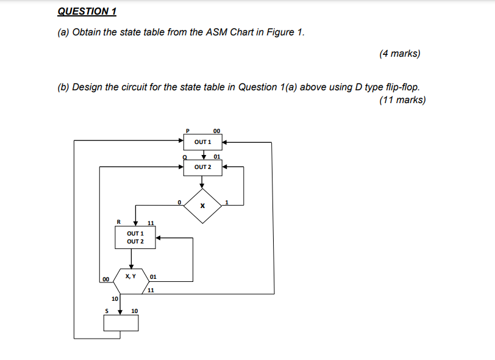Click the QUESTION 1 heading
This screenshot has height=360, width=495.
click(x=87, y=12)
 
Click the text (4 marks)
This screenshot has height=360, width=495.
click(x=399, y=54)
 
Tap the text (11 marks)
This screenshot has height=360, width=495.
click(x=402, y=100)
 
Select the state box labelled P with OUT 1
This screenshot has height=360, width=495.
click(x=202, y=142)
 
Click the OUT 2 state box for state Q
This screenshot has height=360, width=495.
click(x=202, y=167)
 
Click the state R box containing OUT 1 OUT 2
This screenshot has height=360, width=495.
click(x=135, y=237)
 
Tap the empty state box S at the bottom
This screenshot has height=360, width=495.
click(x=121, y=323)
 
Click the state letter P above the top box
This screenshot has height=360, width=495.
click(x=188, y=130)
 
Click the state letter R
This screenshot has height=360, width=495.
click(x=119, y=221)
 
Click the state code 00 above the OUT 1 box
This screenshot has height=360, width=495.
click(x=217, y=130)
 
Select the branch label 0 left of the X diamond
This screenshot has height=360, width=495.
click(x=179, y=201)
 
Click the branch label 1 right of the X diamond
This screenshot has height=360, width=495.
click(x=226, y=201)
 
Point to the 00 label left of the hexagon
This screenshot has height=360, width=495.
click(x=105, y=279)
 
